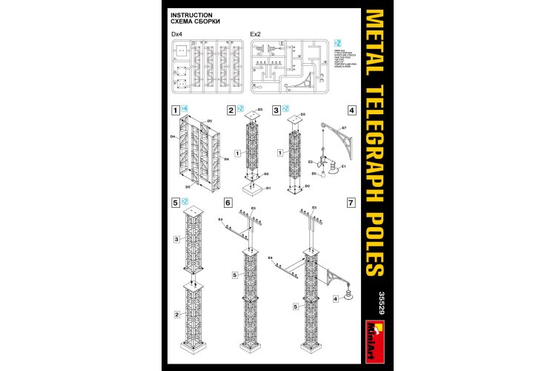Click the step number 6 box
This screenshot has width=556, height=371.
pos(228,202)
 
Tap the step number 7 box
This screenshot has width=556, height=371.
pos(351,202)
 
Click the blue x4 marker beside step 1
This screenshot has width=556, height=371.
pos(184,109)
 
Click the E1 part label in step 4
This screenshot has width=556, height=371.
pos(344,167)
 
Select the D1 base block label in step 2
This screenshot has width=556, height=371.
pos(270,187)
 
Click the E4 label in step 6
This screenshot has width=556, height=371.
pos(221,220)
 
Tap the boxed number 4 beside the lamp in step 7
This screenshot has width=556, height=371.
pos(336,299)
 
